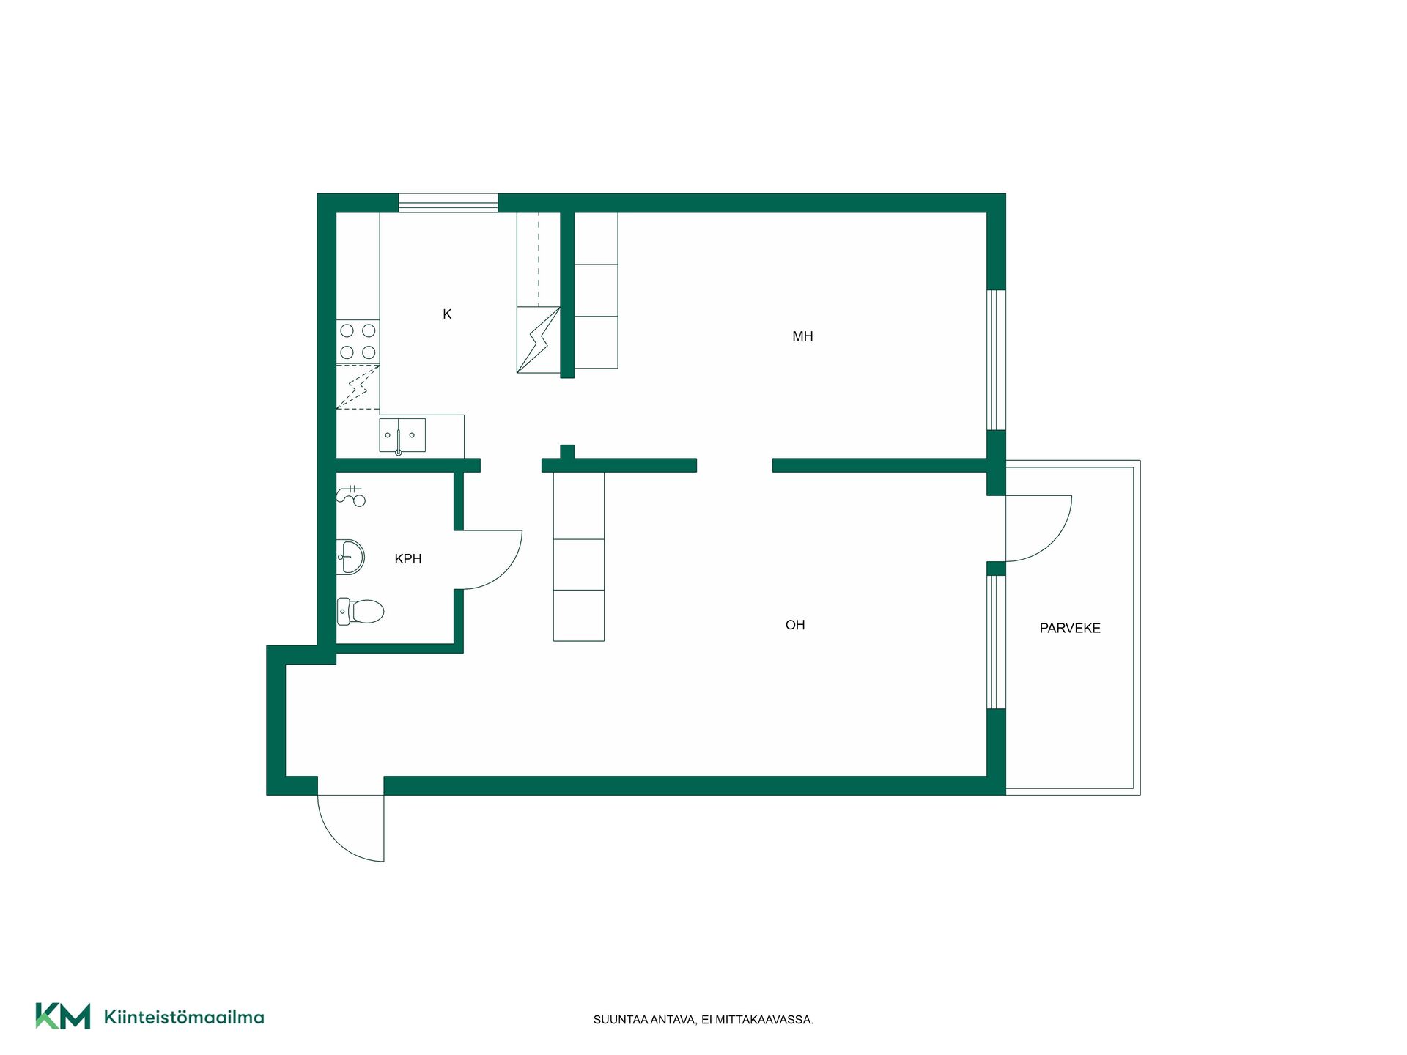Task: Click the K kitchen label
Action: pos(447,314)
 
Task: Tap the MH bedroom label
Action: pos(802,336)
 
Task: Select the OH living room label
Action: pos(795,625)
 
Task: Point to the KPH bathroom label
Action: pos(408,559)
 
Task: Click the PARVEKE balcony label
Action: pos(1070,628)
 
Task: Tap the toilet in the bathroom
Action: pos(361,611)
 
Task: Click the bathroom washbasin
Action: pos(350,558)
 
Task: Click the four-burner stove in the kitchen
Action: pos(358,341)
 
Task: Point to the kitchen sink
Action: pos(402,435)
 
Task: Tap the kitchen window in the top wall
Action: pos(448,203)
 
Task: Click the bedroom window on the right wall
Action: pos(996,360)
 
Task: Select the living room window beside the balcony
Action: pos(996,643)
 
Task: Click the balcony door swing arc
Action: pos(1053,542)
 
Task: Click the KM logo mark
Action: pos(63,1016)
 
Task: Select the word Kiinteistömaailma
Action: pos(184,1017)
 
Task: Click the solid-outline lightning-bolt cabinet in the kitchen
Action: pos(539,340)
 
